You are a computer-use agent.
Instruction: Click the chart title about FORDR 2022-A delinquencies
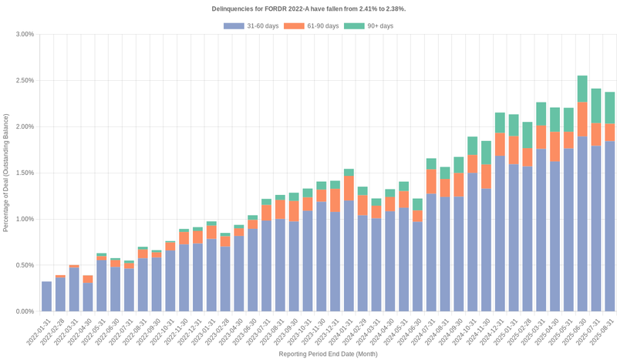point(308,8)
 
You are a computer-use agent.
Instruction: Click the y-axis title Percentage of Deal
point(6,173)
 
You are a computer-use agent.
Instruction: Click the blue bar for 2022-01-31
point(47,297)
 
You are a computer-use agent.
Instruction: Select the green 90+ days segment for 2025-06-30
point(582,89)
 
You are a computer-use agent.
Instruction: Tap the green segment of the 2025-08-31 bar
point(609,108)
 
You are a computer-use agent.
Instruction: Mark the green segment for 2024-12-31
point(500,123)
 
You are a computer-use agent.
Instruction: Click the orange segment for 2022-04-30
point(88,279)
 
